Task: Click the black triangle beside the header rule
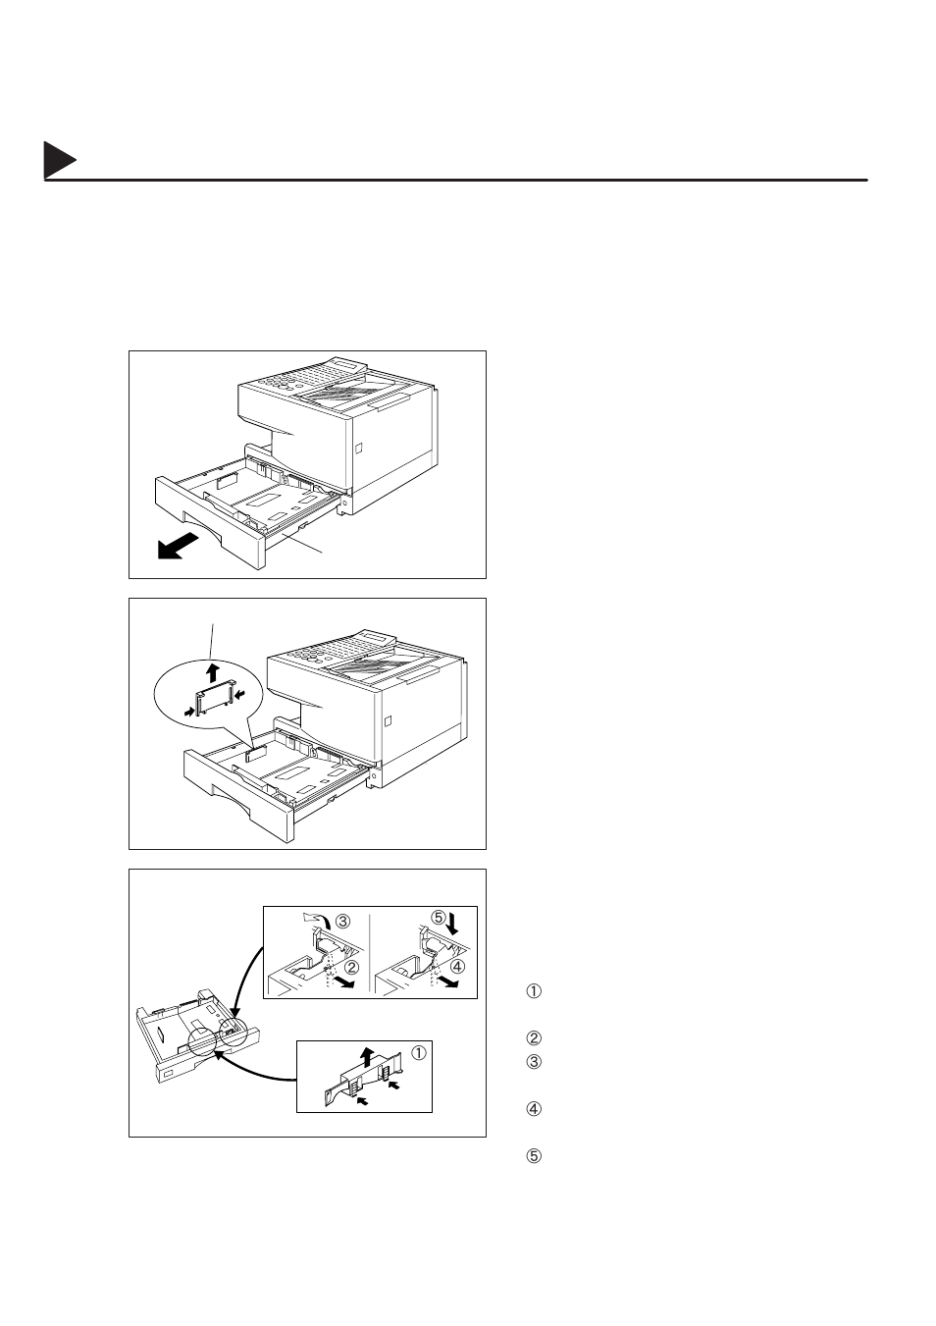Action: [58, 162]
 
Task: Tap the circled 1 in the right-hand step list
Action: [535, 991]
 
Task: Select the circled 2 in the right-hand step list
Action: [535, 1038]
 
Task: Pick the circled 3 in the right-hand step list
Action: [535, 1062]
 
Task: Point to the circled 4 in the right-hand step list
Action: [535, 1110]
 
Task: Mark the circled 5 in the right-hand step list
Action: [535, 1156]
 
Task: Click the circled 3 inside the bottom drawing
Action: [343, 922]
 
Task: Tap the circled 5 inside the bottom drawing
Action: [439, 919]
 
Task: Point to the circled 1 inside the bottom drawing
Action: [418, 1054]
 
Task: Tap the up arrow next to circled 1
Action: [366, 1056]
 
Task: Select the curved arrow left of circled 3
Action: [320, 917]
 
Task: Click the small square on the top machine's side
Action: [357, 447]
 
